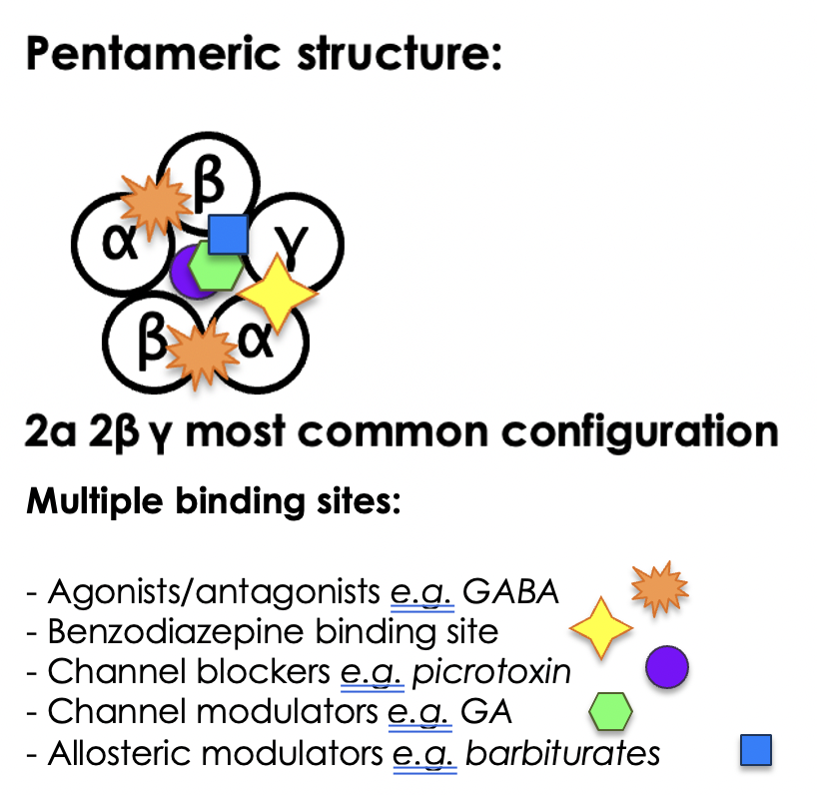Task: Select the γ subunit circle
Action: [305, 241]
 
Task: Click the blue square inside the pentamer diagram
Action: [229, 234]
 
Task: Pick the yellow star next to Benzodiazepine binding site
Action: [600, 628]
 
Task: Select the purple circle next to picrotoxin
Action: [667, 667]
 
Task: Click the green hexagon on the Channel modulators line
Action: [609, 710]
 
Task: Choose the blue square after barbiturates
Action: [756, 750]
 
